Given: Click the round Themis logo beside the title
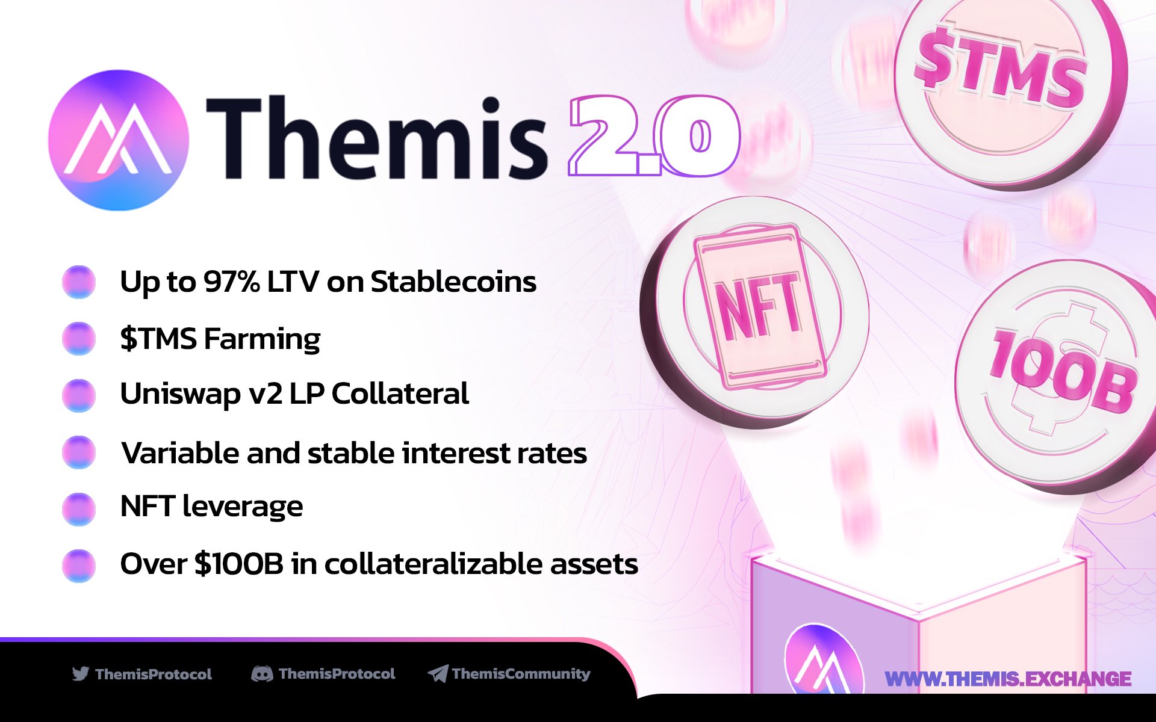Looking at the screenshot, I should pyautogui.click(x=118, y=140).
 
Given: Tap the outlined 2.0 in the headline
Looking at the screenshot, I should pyautogui.click(x=653, y=136).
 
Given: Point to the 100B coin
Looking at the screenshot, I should pyautogui.click(x=1060, y=373).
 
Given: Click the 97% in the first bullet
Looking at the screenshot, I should pyautogui.click(x=231, y=282).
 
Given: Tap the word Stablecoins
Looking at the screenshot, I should pyautogui.click(x=453, y=282).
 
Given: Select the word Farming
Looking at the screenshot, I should pyautogui.click(x=262, y=339).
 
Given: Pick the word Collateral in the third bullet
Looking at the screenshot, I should pyautogui.click(x=400, y=394).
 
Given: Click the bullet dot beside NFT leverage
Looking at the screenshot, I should pyautogui.click(x=79, y=508).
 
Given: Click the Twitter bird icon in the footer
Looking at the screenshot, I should pyautogui.click(x=80, y=673).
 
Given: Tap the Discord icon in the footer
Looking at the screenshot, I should pyautogui.click(x=261, y=674).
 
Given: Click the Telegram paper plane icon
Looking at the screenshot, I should pyautogui.click(x=438, y=674).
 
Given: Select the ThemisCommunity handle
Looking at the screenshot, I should pyautogui.click(x=521, y=674).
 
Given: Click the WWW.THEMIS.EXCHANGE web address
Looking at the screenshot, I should pyautogui.click(x=1007, y=679).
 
